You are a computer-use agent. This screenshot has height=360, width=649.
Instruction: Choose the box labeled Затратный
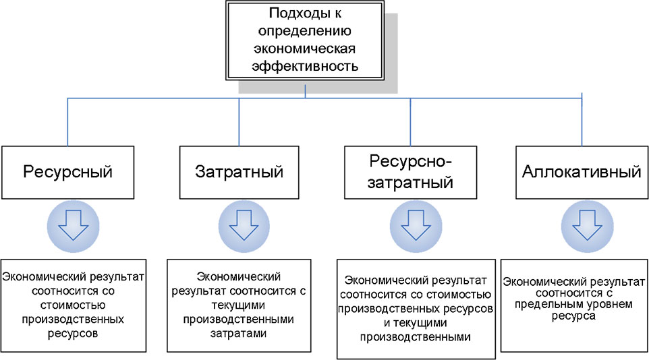(x=239, y=171)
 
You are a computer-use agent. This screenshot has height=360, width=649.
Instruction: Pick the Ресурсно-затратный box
(x=411, y=171)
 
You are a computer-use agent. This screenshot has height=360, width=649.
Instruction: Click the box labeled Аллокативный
(x=581, y=171)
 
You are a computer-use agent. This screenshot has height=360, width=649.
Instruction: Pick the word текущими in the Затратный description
(x=239, y=304)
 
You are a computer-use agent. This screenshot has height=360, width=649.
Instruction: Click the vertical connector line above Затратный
(x=239, y=121)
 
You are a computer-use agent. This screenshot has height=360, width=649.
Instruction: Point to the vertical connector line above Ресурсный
(x=67, y=121)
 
